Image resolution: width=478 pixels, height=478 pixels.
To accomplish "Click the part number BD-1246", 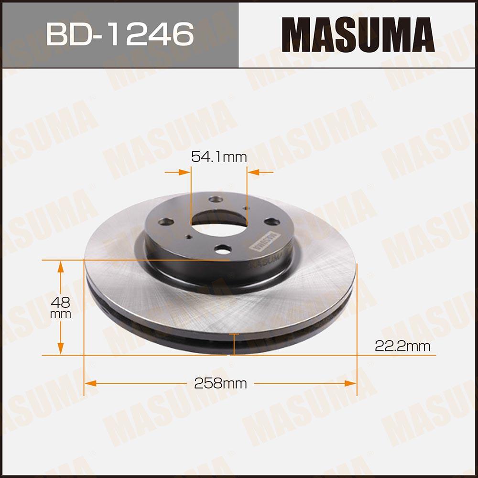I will pos(119,33).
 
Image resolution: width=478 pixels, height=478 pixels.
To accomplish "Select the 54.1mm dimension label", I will pos(218,156).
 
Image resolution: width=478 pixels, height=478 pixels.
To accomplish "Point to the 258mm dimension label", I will pos(220,383).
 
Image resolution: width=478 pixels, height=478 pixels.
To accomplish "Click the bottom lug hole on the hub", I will pos(223,249).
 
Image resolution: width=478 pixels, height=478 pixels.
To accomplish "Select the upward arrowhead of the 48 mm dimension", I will pos(61,266).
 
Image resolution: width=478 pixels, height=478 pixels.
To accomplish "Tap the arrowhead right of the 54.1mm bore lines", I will pos(253,172).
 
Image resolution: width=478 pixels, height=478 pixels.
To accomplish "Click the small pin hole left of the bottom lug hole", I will pos(190,236).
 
